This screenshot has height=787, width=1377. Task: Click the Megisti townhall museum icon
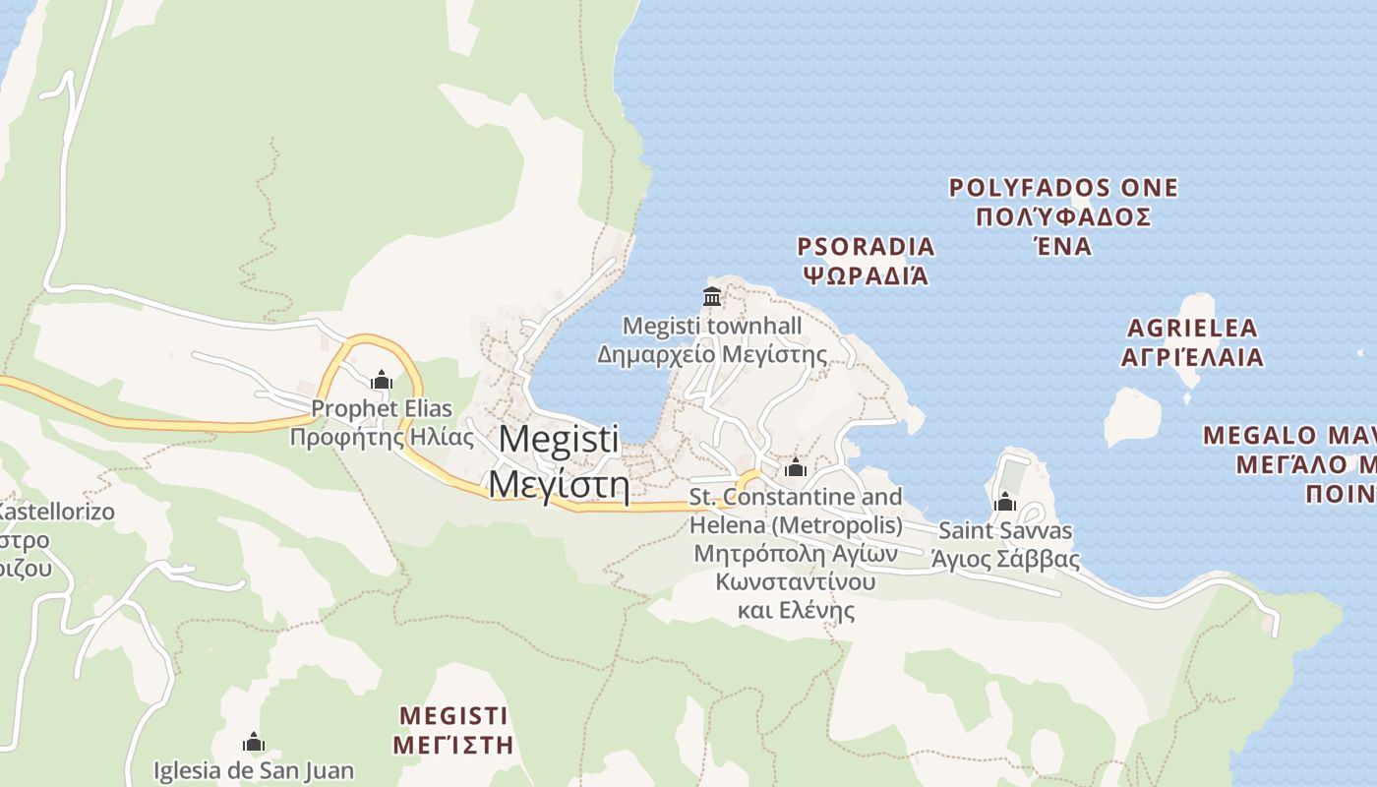712,295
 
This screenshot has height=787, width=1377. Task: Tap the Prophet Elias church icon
382,380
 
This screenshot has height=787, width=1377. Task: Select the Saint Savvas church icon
1004,502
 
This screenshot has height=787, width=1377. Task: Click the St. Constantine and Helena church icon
796,467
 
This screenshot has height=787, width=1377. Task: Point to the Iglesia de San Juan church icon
254,742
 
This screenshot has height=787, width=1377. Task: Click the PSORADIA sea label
866,246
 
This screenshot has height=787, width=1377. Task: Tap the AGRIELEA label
1192,329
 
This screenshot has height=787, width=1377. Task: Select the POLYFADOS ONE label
1063,188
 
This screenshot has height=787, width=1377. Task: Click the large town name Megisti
559,439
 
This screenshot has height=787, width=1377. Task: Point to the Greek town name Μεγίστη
559,484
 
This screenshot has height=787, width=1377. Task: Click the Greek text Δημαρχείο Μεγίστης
712,354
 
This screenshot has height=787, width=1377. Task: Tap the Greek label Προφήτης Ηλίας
382,437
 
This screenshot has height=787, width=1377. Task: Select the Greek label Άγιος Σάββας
1005,560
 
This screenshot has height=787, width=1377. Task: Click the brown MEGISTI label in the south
453,715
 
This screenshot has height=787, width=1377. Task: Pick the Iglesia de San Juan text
254,770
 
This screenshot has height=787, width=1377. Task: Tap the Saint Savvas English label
1005,531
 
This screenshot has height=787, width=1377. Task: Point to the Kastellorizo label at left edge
54,513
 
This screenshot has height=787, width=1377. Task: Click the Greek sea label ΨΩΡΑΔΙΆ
866,274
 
